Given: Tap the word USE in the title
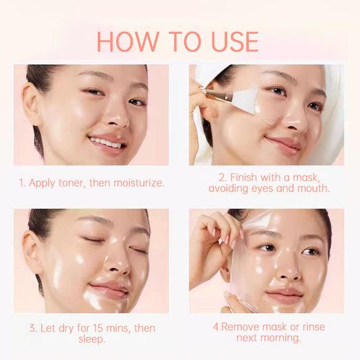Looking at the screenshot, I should pyautogui.click(x=231, y=41).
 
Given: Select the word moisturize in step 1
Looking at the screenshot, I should pyautogui.click(x=140, y=183).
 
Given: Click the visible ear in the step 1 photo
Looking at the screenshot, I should pyautogui.click(x=31, y=103).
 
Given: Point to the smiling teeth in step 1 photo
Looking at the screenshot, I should pyautogui.click(x=107, y=143).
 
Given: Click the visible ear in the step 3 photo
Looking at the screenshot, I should pyautogui.click(x=32, y=251).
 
